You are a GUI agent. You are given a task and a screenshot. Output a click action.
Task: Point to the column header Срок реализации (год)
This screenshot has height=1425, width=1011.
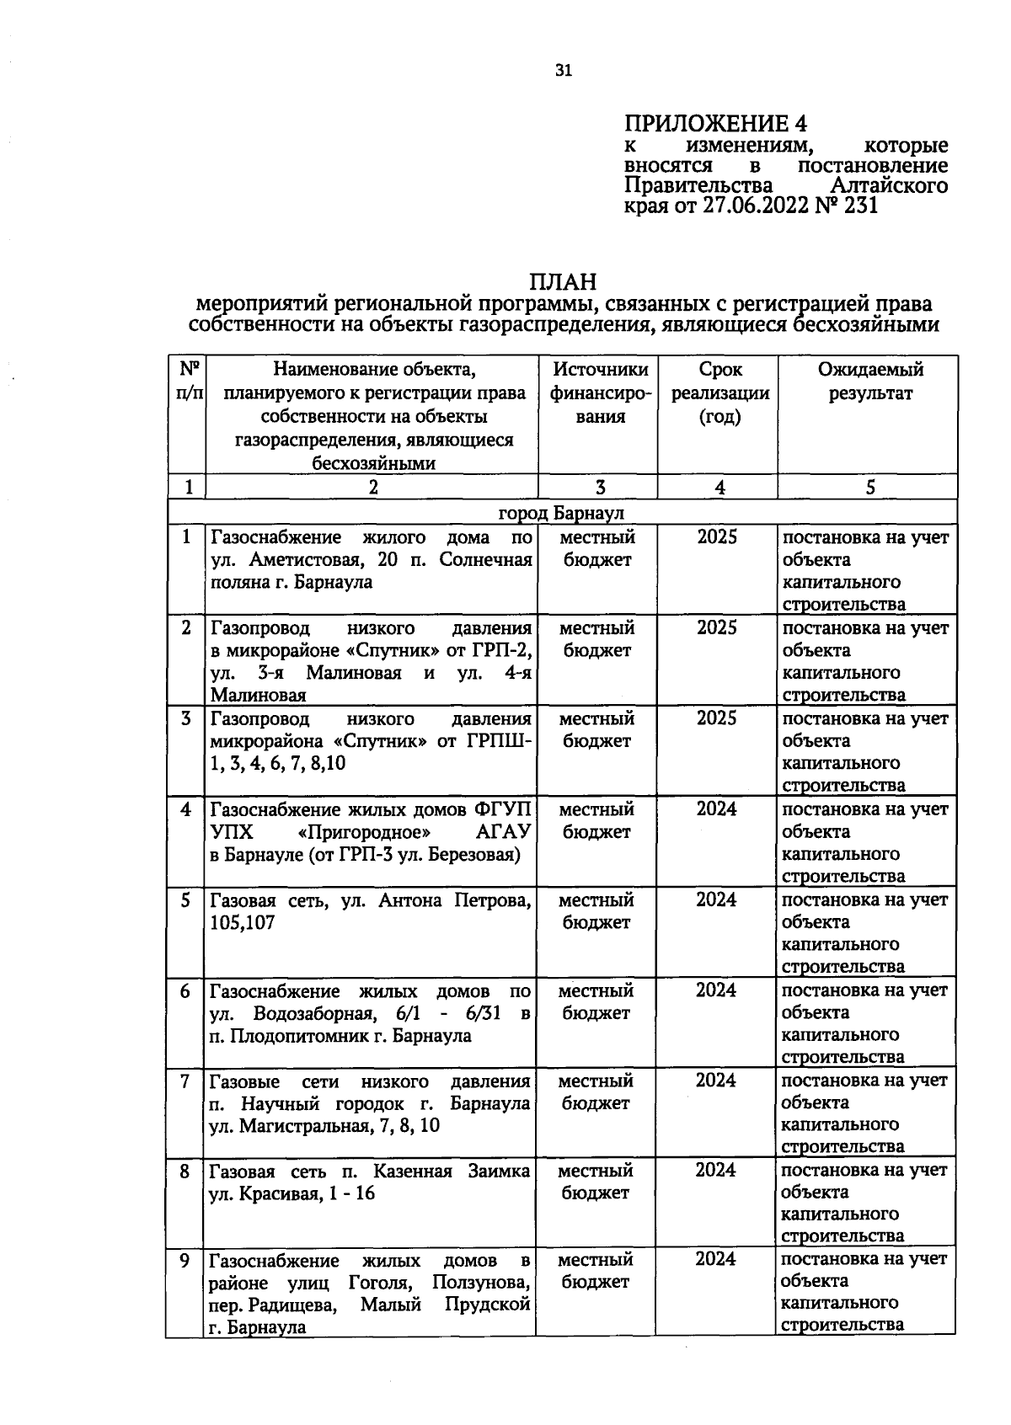coord(719,392)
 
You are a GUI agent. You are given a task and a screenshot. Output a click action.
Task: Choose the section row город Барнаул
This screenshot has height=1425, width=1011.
coord(561,513)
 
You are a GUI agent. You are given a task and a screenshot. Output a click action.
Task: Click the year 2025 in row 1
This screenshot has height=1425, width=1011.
coord(717,537)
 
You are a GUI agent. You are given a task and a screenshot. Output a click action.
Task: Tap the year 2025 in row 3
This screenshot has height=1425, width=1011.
coord(717,718)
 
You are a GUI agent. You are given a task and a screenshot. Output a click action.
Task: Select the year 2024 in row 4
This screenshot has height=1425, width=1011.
coord(717,809)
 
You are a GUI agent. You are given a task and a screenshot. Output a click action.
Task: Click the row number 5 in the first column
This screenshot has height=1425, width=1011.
coord(185,900)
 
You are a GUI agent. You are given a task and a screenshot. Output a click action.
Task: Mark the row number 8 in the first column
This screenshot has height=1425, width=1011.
coord(185,1171)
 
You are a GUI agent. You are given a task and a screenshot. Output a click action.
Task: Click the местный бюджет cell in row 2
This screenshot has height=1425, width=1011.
coord(596,639)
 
